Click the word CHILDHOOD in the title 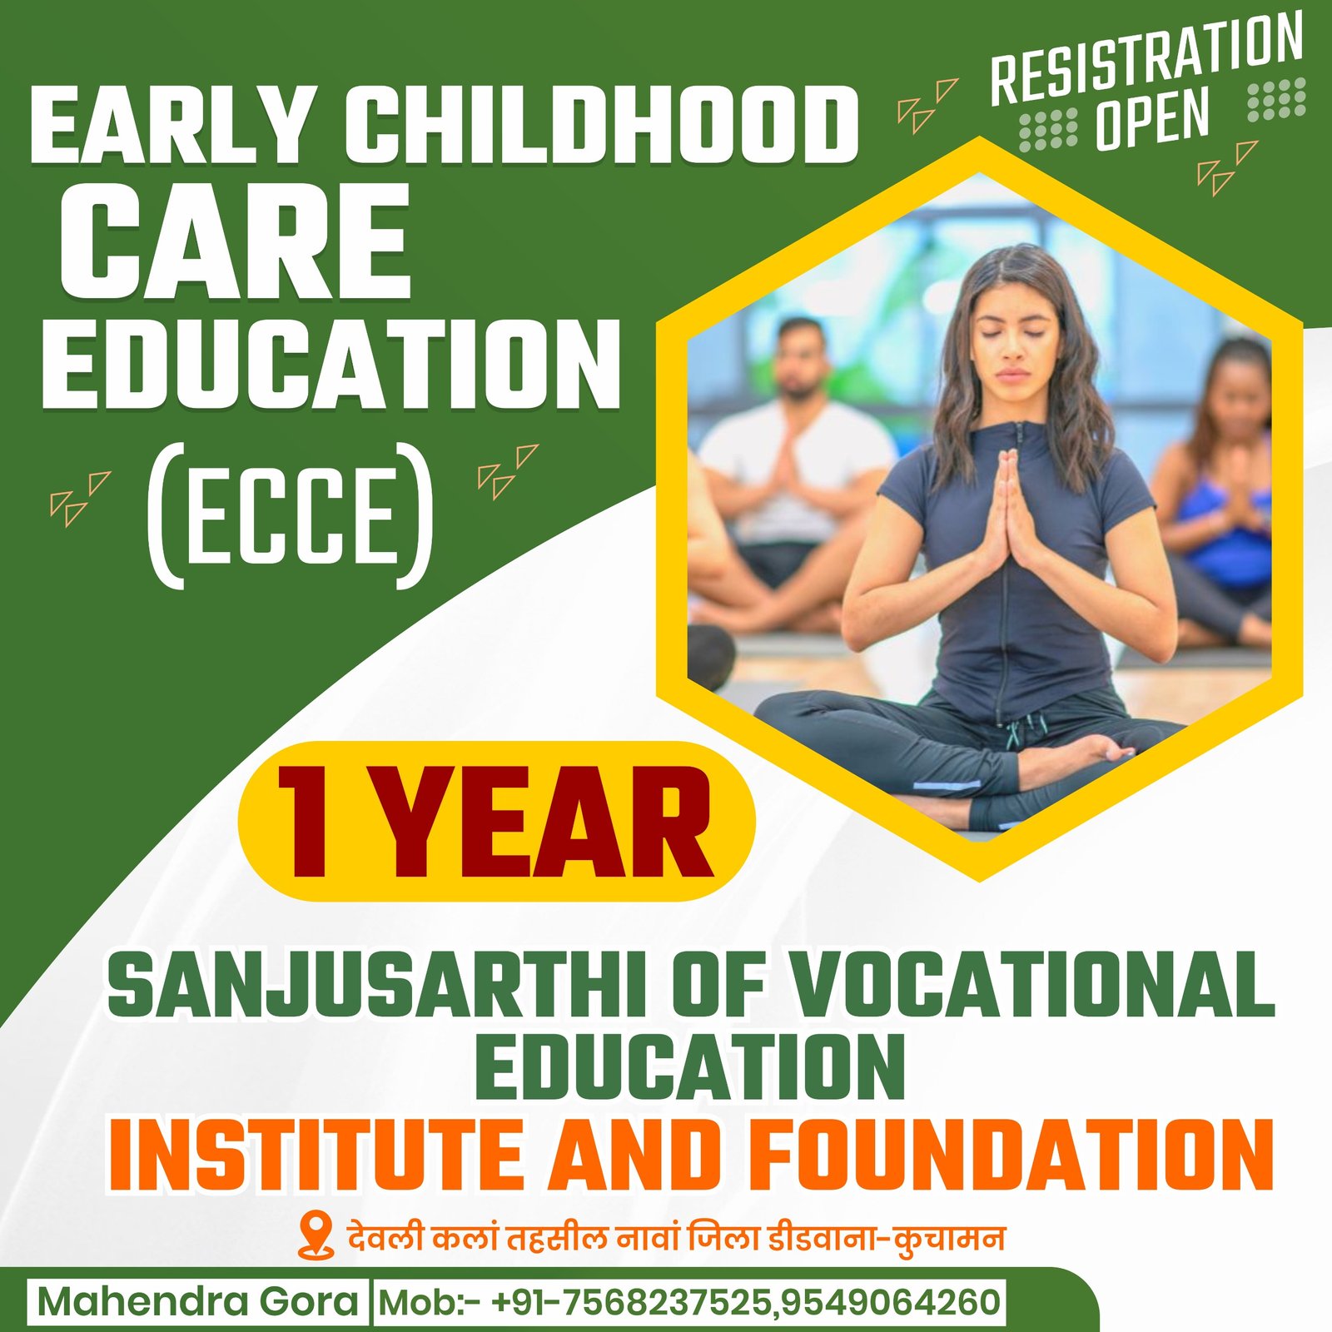pos(601,127)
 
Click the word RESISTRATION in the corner pos(1146,58)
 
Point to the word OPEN pos(1152,118)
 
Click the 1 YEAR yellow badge pos(496,821)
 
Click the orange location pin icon pos(315,1236)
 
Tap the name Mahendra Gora pos(198,1301)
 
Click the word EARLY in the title pos(167,127)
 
